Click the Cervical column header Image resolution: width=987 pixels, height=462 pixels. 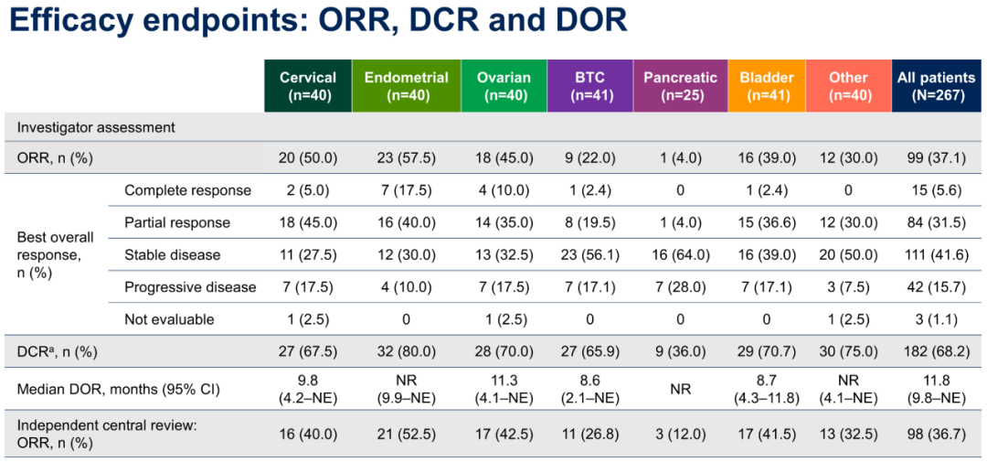[308, 86]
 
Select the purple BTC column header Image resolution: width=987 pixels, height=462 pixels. [589, 86]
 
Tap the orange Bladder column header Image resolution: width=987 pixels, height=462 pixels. [767, 86]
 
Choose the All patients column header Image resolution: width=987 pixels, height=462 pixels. [937, 86]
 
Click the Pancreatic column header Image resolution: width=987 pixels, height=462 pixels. [680, 86]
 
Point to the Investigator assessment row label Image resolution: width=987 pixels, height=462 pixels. [96, 127]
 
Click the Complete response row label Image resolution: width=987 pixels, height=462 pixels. [187, 190]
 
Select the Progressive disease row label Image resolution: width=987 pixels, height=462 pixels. [190, 287]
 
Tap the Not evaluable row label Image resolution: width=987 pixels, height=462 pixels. [169, 319]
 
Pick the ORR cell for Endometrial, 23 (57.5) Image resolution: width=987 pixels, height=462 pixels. [406, 158]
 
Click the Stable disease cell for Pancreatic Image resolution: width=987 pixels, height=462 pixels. [680, 254]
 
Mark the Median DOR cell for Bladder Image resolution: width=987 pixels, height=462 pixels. [767, 389]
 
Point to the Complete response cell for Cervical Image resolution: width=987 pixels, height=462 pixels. [308, 190]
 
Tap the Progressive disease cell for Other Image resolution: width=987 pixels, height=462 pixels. [848, 287]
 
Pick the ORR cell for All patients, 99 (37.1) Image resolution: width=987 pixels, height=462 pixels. [937, 158]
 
